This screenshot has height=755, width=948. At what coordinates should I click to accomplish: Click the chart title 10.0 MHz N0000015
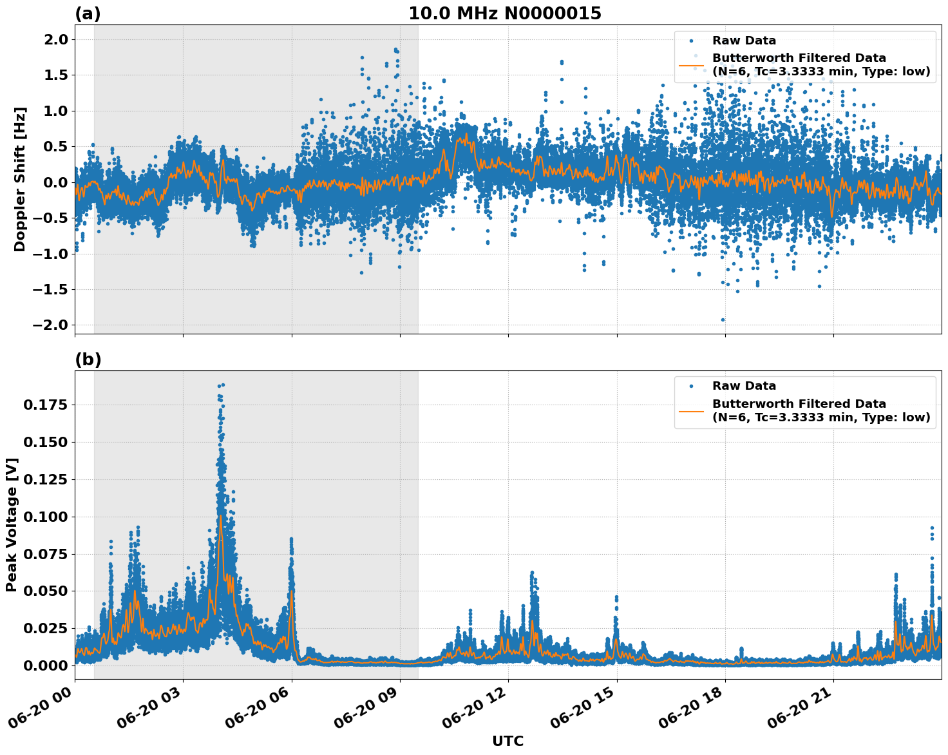click(504, 14)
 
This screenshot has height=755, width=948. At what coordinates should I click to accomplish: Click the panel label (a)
click(88, 14)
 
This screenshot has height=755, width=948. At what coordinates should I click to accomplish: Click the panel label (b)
click(88, 359)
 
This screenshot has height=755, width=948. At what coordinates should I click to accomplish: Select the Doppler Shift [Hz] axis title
click(20, 179)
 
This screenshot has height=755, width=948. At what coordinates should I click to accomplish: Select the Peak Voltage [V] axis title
click(12, 524)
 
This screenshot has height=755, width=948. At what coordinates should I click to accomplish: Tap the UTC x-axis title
click(507, 741)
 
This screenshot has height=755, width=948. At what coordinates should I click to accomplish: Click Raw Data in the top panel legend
click(744, 41)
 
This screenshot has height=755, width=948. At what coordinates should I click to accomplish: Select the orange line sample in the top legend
click(691, 65)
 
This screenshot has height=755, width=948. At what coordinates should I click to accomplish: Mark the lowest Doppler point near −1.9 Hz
click(723, 320)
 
